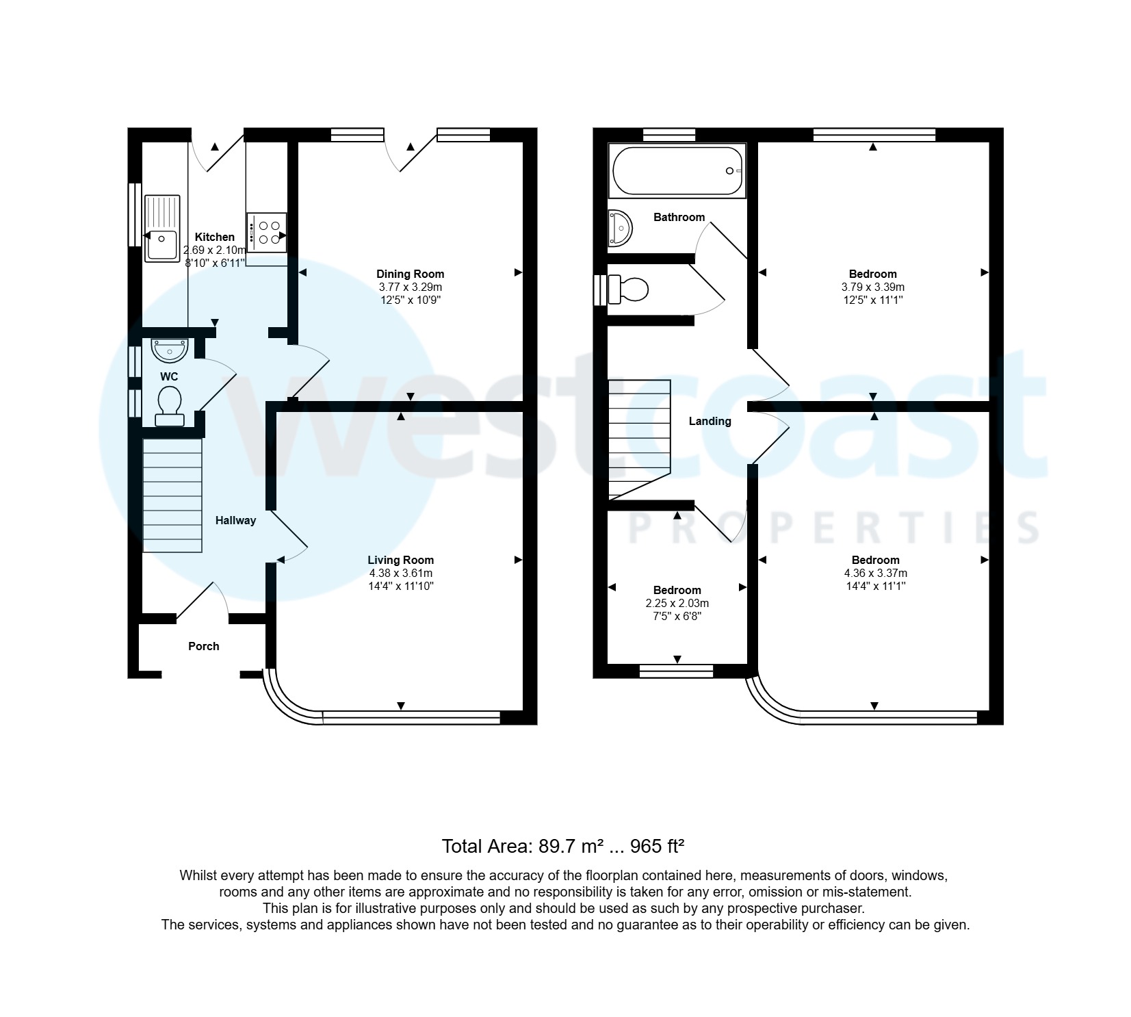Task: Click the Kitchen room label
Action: pos(214,237)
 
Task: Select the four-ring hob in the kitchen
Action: pos(267,232)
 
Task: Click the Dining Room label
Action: pos(410,274)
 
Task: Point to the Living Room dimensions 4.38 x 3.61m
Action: pos(400,573)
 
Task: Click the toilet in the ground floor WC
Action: pos(169,405)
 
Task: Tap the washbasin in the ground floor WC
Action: pos(169,350)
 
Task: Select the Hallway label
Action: pos(235,520)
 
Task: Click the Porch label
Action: pos(203,646)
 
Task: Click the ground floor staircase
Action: pos(172,495)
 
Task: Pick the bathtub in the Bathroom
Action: pos(676,171)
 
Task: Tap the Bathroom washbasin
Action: pos(620,227)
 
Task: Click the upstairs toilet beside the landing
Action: pos(628,289)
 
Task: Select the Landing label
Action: pos(710,421)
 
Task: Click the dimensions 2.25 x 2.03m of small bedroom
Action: pos(677,603)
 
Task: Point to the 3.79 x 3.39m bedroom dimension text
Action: pos(872,287)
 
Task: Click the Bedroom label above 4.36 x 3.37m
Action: pos(875,560)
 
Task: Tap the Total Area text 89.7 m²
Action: pos(562,847)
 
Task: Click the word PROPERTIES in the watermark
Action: pos(833,528)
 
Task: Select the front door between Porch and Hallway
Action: pos(203,600)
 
